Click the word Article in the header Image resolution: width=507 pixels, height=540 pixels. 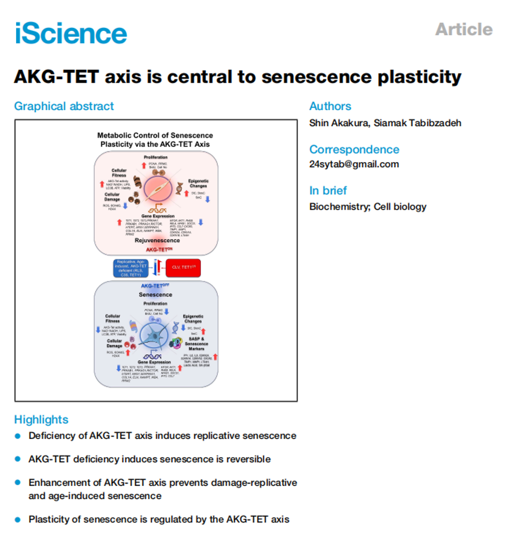pos(464,29)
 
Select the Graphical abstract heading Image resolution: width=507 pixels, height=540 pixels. pos(64,106)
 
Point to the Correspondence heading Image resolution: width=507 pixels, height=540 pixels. pos(354,149)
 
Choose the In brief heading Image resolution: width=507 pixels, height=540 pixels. pos(328,191)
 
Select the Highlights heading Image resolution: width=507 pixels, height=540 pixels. pos(41,419)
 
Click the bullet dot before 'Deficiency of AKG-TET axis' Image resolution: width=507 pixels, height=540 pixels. pos(18,435)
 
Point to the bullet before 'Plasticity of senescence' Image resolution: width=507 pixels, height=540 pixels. pos(18,519)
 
